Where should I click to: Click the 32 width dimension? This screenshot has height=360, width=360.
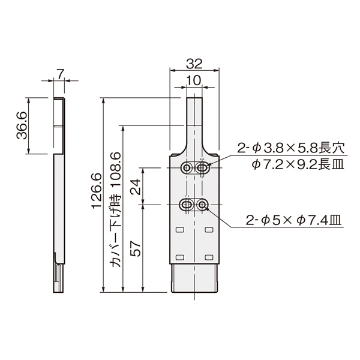[x=194, y=64]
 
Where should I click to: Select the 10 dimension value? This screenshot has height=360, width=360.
[x=193, y=80]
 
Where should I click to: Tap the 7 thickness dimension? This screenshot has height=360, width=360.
[x=59, y=74]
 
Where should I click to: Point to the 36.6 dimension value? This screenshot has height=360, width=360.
[x=22, y=125]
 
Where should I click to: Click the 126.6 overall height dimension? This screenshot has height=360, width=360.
[x=97, y=191]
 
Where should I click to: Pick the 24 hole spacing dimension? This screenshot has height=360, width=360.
[x=136, y=187]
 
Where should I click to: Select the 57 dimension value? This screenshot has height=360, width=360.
[x=136, y=248]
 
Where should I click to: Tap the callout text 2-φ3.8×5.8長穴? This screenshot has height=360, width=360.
[x=290, y=148]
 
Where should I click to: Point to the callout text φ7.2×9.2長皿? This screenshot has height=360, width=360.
[x=298, y=164]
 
